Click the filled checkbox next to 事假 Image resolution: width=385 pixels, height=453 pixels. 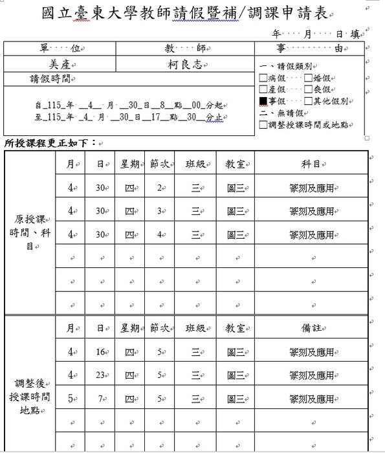coord(263,102)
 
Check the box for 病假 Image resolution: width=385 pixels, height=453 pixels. coord(263,78)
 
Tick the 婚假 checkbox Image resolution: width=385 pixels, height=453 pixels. coord(309,78)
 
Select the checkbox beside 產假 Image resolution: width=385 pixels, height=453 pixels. coord(263,89)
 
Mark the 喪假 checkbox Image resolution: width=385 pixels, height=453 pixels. coord(309,89)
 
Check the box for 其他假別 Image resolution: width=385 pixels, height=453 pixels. coord(309,102)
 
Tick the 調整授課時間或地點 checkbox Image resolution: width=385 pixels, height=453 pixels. coord(263,125)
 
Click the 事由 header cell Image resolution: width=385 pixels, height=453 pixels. coord(309,49)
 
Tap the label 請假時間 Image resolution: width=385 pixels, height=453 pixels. coord(52,79)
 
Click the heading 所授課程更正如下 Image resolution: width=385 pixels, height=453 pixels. coord(49,142)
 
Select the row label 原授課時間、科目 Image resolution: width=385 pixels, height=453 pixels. coord(30,232)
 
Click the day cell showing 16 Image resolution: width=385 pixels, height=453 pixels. coord(100,352)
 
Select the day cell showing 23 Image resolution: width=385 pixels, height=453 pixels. coord(100,375)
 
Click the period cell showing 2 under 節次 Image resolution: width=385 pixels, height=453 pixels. coord(159,188)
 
